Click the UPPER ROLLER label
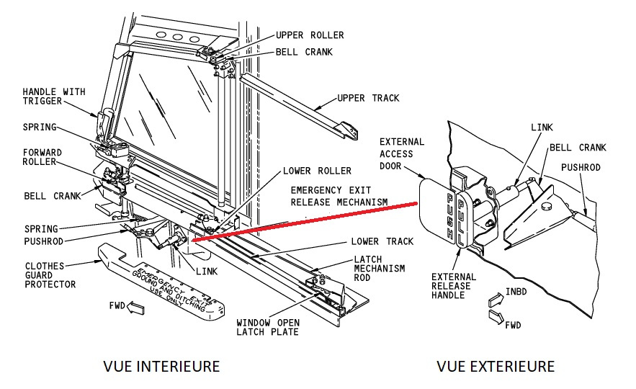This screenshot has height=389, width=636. [x=310, y=35]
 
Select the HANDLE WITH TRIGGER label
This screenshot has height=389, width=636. [x=53, y=97]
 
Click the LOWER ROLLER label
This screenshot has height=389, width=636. [x=317, y=171]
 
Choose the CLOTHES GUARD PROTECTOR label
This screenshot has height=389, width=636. [x=50, y=274]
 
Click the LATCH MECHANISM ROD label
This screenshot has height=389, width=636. [x=378, y=268]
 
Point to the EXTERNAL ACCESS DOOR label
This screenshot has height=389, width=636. [x=402, y=153]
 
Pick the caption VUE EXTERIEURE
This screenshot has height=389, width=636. [x=496, y=367]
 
